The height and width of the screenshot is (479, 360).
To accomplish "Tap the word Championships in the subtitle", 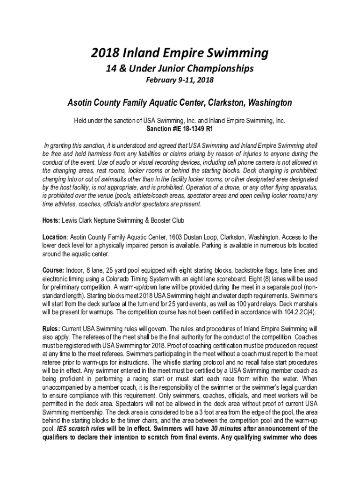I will coord(222,69).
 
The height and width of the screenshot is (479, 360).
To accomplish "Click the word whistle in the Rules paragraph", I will coord(182,363).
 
